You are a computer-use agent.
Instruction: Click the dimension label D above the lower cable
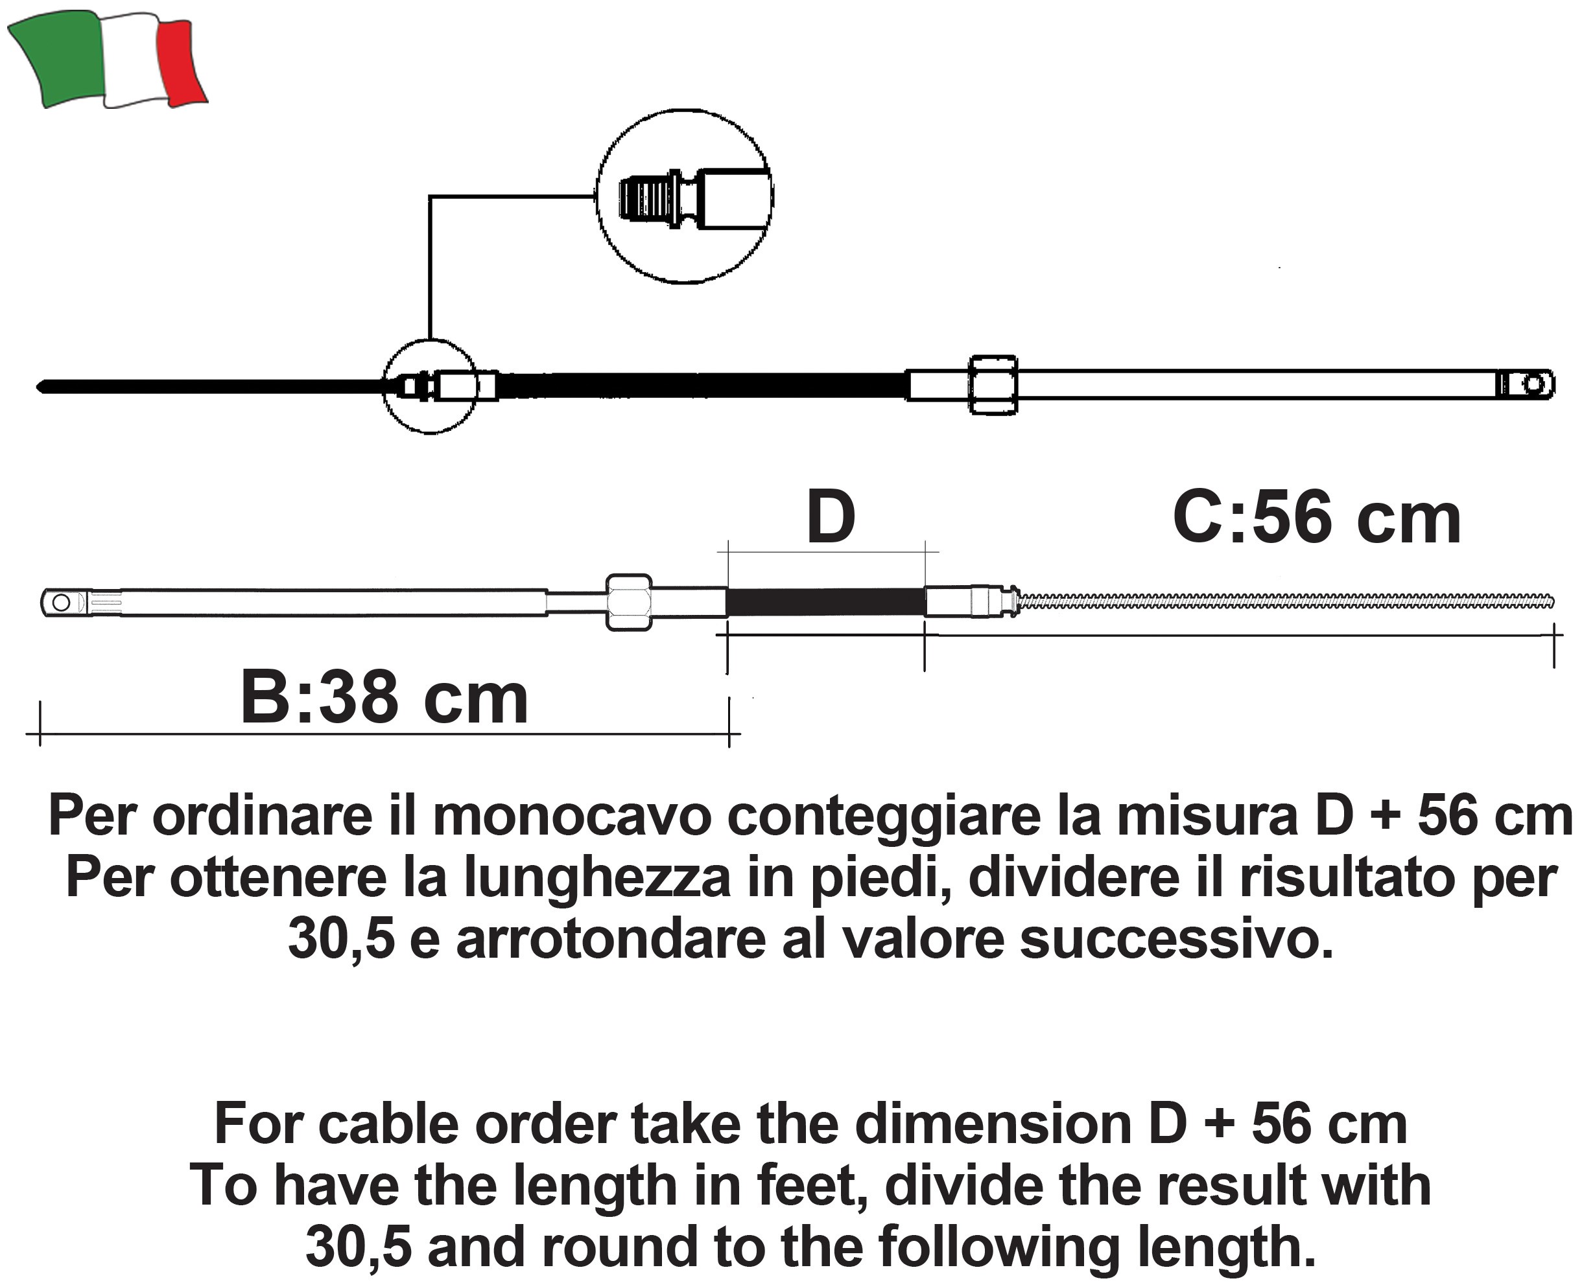click(x=831, y=518)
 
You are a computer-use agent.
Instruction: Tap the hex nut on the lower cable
click(x=629, y=603)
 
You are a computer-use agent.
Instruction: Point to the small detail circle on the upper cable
click(x=431, y=386)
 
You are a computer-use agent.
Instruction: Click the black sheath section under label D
click(x=825, y=602)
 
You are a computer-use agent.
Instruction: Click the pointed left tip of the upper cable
click(x=41, y=387)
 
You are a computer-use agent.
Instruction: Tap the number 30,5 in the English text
click(x=358, y=1247)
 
